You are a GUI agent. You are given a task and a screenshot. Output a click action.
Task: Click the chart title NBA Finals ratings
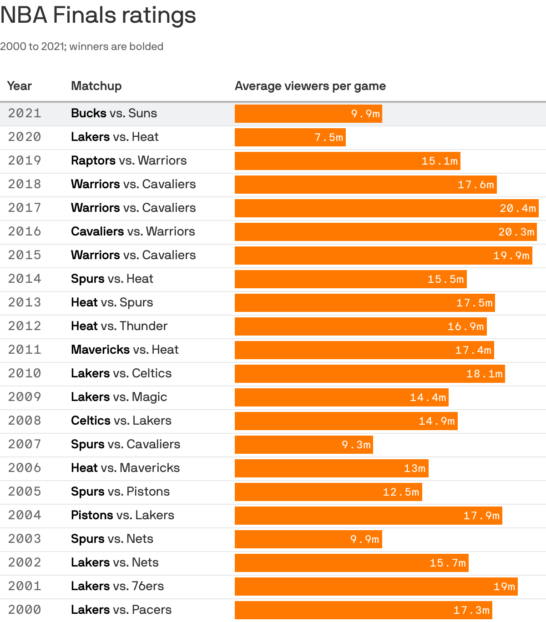[98, 15]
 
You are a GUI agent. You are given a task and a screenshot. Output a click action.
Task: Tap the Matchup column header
[96, 86]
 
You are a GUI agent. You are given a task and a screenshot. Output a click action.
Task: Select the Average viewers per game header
[310, 86]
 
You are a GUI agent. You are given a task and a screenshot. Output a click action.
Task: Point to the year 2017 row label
[25, 208]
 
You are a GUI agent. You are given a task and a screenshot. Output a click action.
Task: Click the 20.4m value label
[518, 208]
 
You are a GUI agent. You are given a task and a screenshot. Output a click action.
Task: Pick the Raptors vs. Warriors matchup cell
[129, 161]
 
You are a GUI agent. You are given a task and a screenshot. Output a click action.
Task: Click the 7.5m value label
[329, 137]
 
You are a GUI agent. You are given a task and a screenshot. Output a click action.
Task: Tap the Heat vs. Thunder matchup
[119, 326]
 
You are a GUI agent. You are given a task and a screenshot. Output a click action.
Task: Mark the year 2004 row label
[25, 515]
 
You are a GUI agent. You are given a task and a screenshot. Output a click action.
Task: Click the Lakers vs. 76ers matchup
[117, 586]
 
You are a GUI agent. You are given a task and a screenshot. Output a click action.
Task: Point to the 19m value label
[504, 587]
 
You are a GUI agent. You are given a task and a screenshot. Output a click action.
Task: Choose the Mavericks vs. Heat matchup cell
[125, 350]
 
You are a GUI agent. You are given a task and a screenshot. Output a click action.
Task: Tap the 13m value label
[415, 468]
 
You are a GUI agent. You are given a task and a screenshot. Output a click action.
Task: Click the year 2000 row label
[25, 610]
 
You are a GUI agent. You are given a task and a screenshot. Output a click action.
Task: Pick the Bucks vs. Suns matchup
[114, 113]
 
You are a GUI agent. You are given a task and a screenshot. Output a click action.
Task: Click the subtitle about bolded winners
[82, 46]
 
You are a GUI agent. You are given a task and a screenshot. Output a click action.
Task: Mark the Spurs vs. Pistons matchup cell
[120, 492]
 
